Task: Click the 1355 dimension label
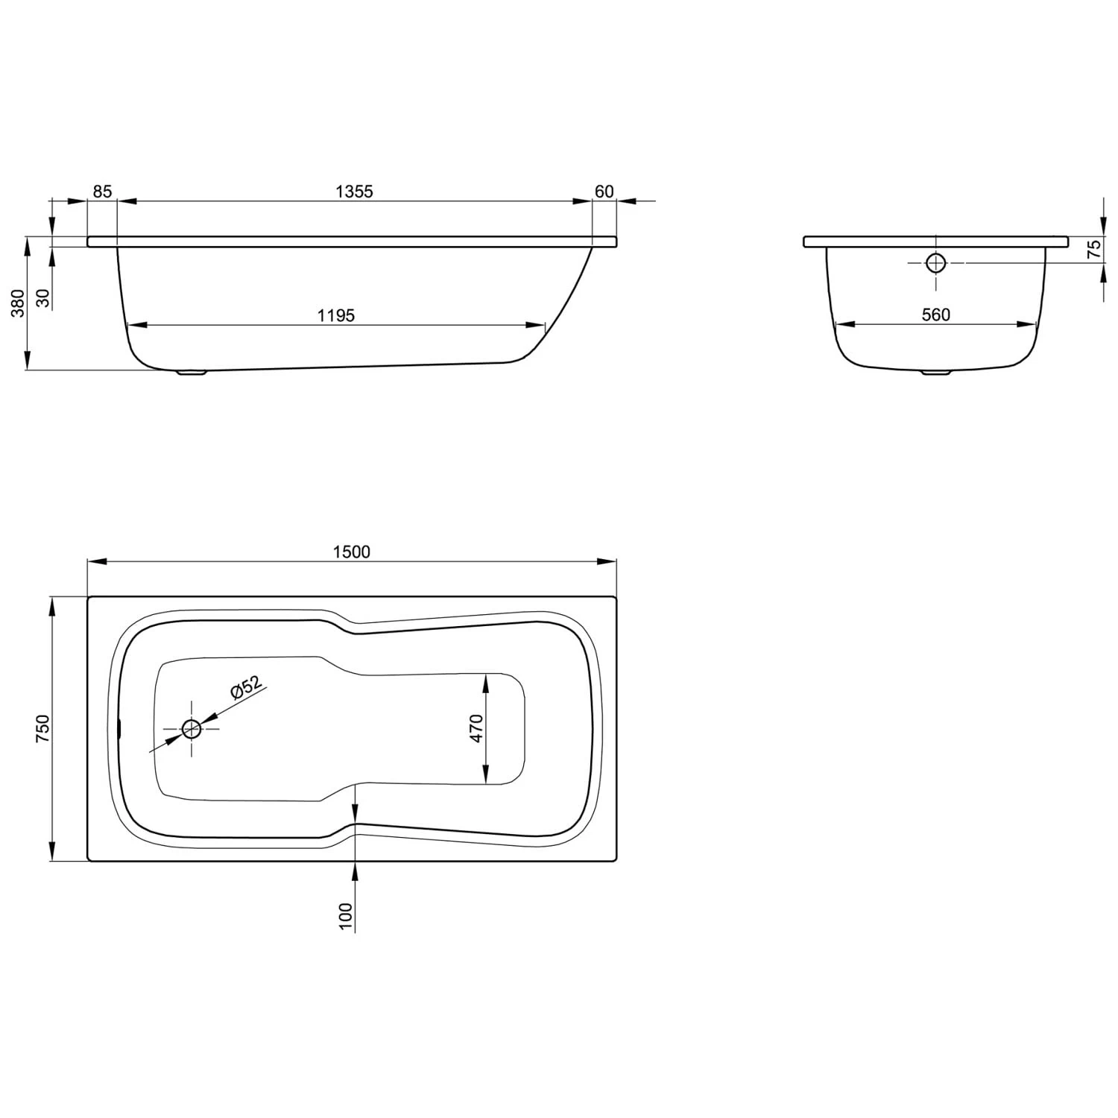[353, 192]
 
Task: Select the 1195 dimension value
[335, 315]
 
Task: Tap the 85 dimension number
[102, 192]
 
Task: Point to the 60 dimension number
[604, 192]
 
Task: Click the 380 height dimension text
[18, 303]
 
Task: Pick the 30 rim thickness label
[42, 298]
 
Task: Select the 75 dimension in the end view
[1093, 249]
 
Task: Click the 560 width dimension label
[935, 315]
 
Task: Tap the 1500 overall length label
[352, 552]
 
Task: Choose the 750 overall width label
[42, 728]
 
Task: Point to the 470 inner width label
[476, 728]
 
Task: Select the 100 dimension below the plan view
[345, 915]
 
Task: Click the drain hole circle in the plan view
[192, 729]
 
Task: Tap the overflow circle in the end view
[935, 262]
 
